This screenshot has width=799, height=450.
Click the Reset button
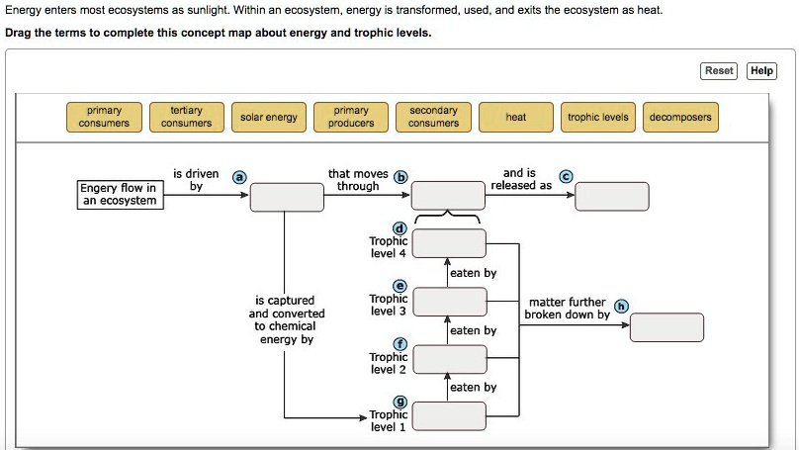point(719,70)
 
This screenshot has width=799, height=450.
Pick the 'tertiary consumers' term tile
point(186,117)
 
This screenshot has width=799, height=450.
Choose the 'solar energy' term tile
point(269,117)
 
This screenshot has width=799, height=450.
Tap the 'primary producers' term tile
point(351,117)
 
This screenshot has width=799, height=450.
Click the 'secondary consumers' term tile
point(433,117)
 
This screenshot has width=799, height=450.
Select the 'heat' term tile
point(516,117)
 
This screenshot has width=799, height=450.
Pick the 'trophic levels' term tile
point(598,117)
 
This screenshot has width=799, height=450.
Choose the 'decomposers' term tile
point(680,117)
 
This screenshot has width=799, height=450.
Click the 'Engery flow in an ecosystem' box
point(119,194)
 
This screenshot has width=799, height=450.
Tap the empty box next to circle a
point(287,197)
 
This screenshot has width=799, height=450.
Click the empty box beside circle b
point(448,196)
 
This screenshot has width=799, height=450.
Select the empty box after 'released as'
point(612,197)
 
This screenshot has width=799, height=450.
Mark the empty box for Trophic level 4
point(449,242)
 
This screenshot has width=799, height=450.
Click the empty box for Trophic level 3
point(449,301)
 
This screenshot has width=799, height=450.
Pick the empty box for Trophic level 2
point(449,358)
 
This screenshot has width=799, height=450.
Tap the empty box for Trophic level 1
point(449,415)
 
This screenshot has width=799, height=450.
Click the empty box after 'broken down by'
point(666,326)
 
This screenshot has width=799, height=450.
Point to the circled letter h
point(621,305)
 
